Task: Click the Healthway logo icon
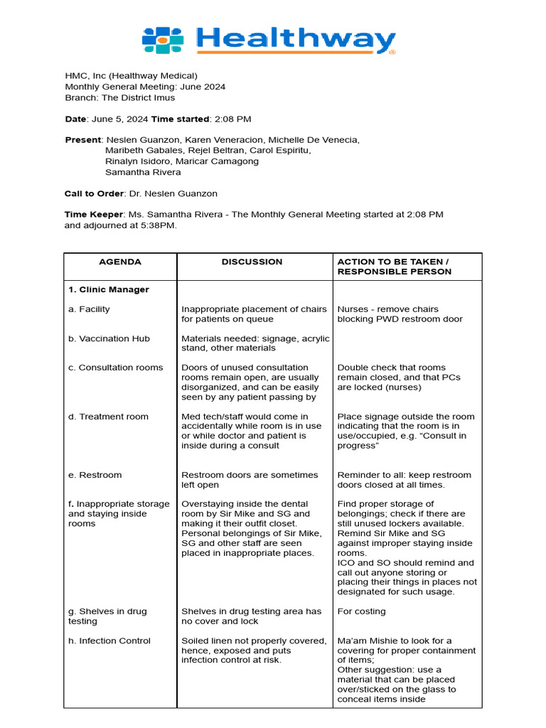coord(163,41)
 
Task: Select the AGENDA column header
coord(119,262)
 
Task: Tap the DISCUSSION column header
coord(252,262)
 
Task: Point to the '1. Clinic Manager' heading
coord(109,290)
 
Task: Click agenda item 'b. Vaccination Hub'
coord(109,338)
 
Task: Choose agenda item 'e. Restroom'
coord(95,475)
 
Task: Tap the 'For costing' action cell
coord(361,611)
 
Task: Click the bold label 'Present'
coord(83,140)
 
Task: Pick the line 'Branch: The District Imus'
coord(119,97)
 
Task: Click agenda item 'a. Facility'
coord(89,309)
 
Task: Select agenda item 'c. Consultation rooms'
coord(116,368)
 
